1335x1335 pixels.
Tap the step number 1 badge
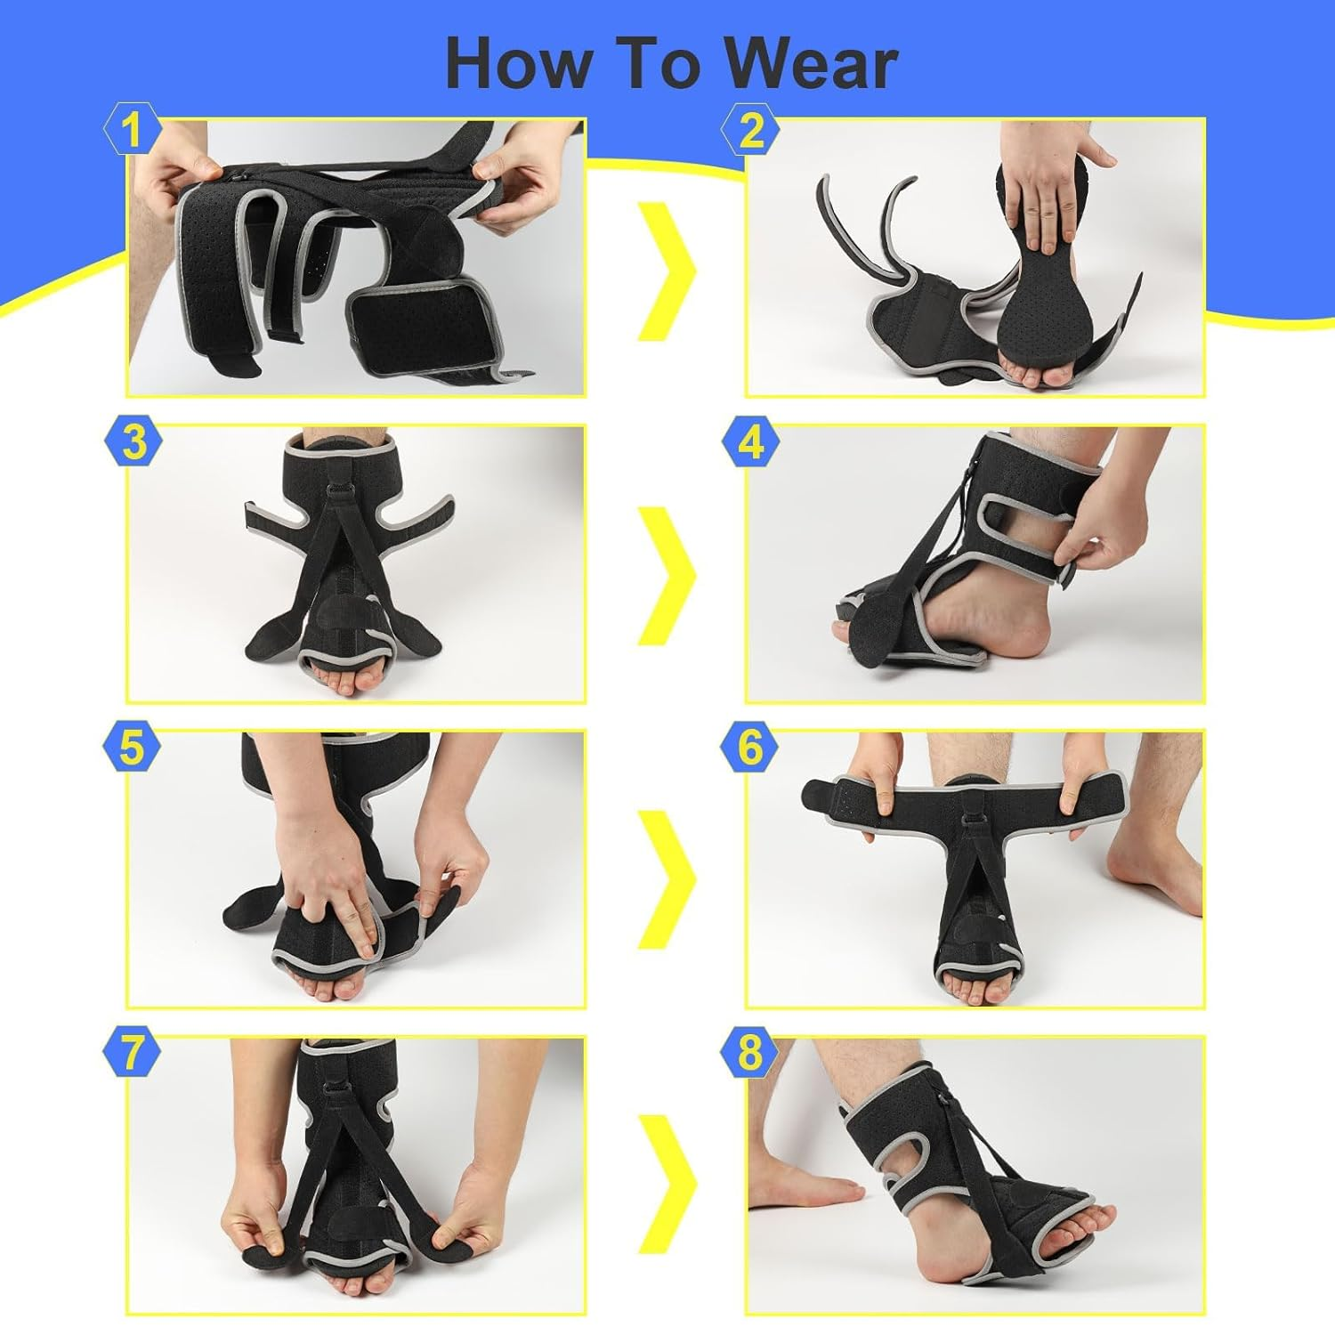tap(132, 132)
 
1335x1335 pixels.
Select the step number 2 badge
tap(750, 132)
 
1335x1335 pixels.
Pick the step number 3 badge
tap(132, 441)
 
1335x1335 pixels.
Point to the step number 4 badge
tap(750, 441)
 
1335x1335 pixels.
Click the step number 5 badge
tap(132, 748)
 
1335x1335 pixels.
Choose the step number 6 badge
tap(750, 748)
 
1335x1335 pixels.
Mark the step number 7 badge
tap(132, 1052)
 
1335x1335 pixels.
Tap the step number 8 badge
tap(750, 1052)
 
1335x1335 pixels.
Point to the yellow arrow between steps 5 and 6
tap(667, 879)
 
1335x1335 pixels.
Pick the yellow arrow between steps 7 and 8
tap(667, 1184)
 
